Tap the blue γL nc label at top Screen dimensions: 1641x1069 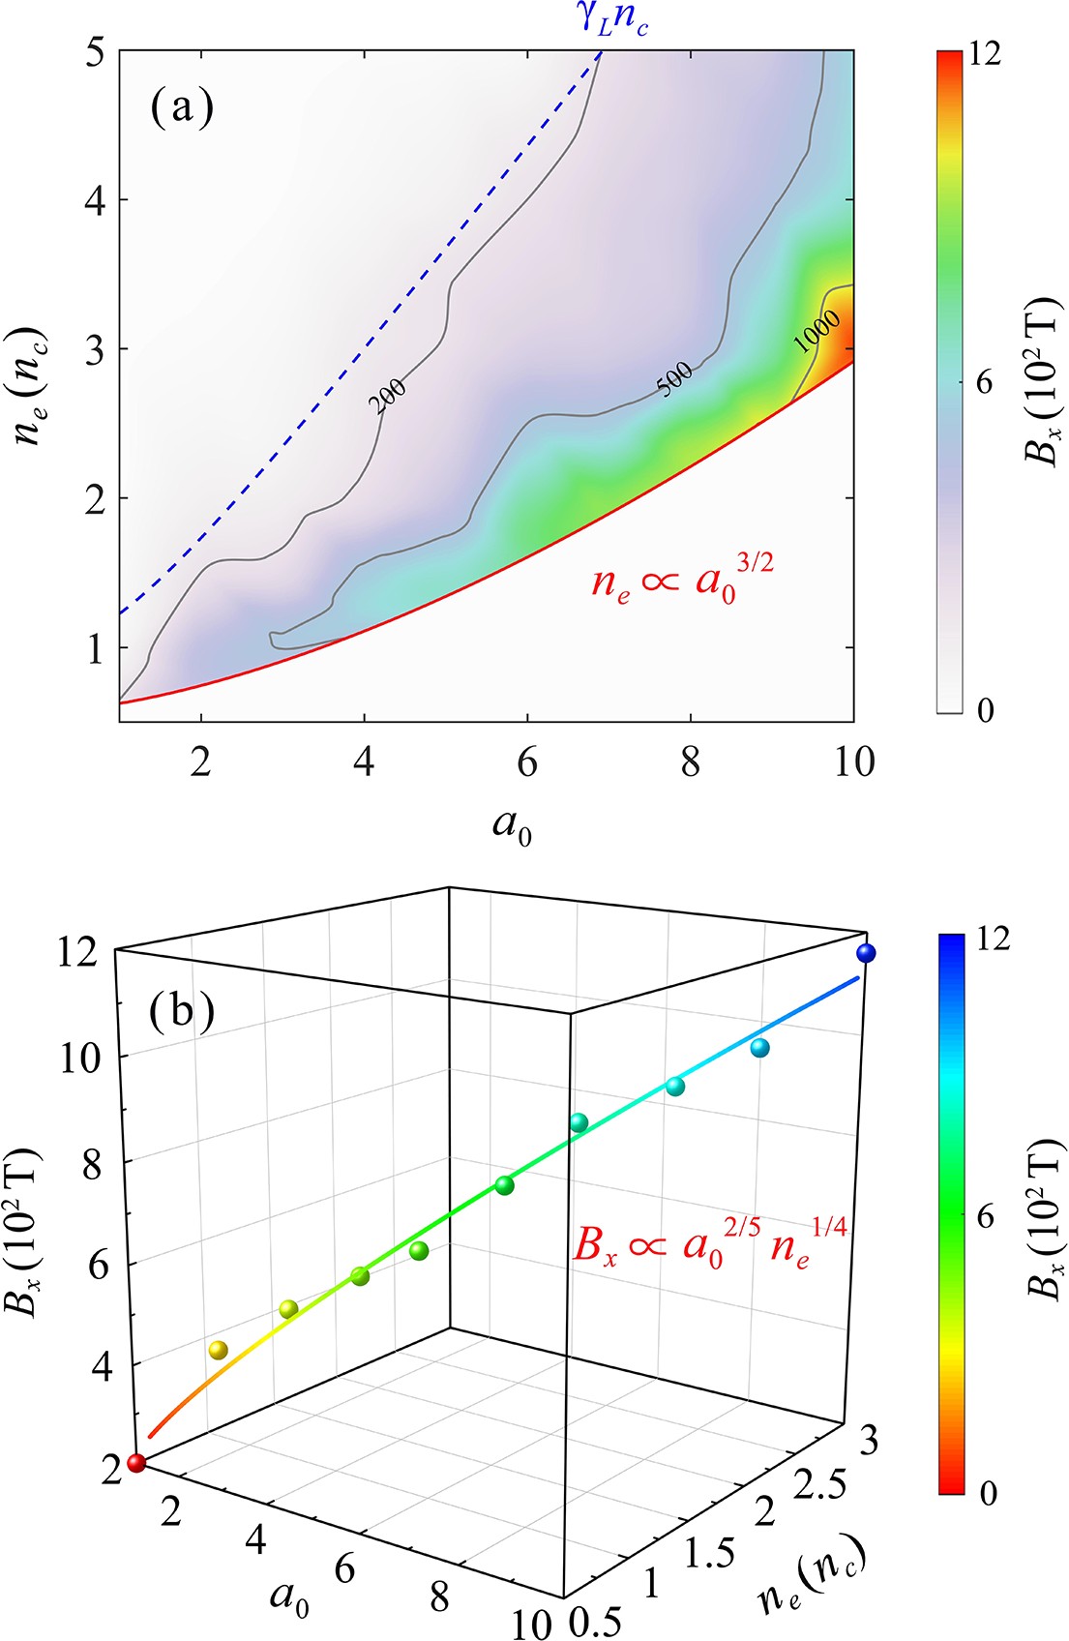click(613, 19)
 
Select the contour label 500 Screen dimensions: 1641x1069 click(674, 378)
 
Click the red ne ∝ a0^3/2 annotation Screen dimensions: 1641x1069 click(682, 582)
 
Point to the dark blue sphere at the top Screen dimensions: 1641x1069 click(867, 953)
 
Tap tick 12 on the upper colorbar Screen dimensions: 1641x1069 click(985, 55)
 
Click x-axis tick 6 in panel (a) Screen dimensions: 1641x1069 click(526, 763)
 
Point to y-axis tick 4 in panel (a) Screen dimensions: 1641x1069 click(97, 200)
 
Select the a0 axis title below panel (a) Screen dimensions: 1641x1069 click(512, 826)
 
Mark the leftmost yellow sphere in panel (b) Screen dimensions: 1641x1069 click(219, 1350)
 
